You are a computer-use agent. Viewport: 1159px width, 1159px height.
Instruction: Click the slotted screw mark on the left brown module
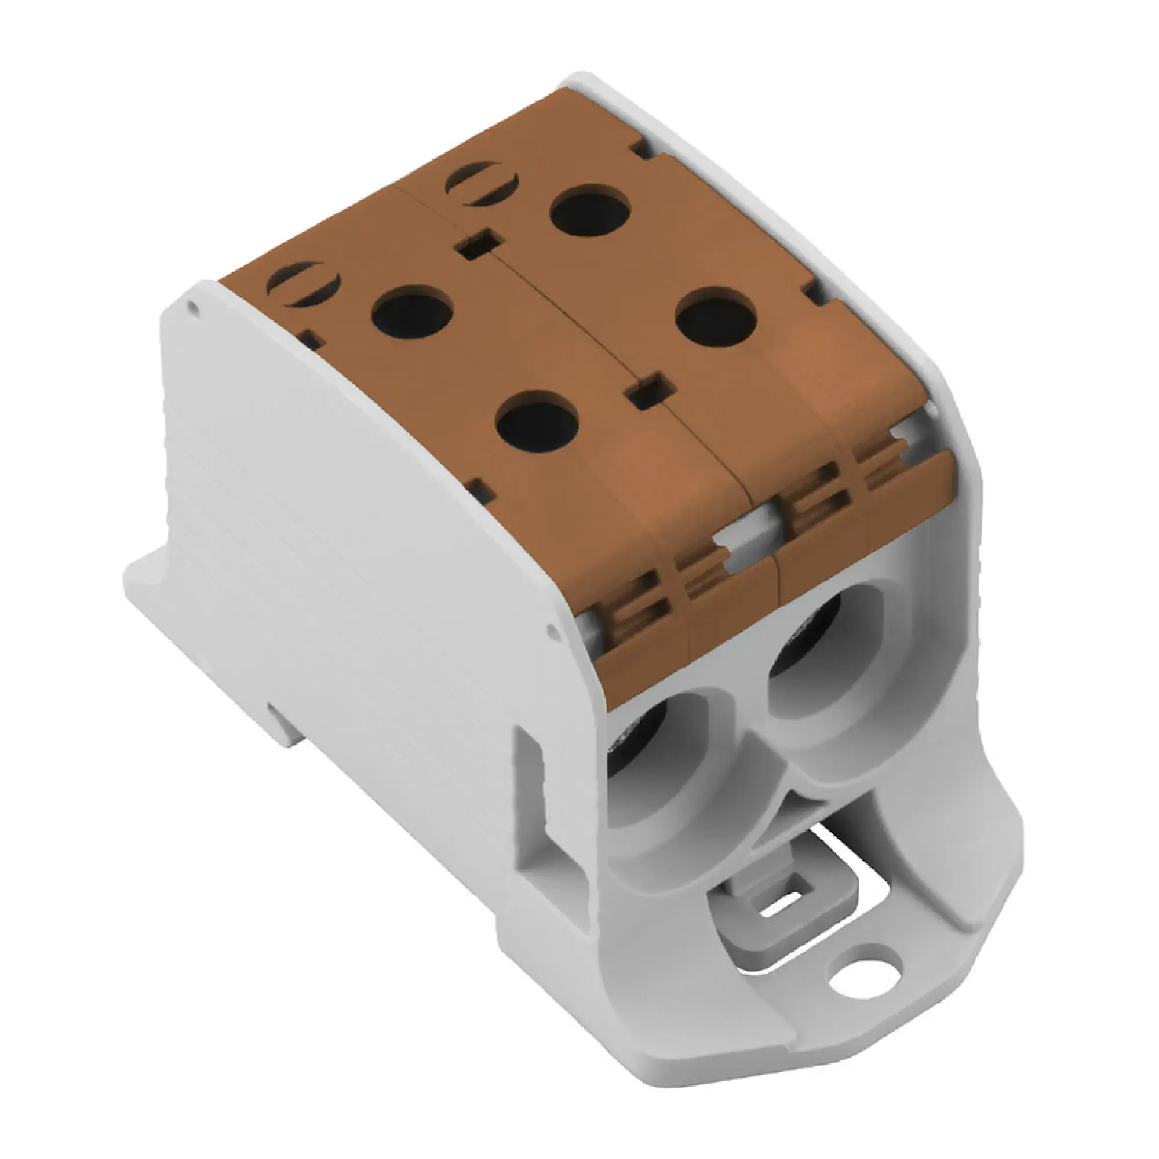point(304,285)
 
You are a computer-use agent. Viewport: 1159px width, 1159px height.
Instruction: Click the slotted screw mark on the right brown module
point(482,184)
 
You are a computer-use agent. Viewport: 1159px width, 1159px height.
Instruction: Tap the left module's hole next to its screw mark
point(411,312)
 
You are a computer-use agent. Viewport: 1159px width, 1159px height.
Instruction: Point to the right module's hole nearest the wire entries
point(716,317)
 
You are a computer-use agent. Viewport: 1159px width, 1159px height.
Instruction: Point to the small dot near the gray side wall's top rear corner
point(192,308)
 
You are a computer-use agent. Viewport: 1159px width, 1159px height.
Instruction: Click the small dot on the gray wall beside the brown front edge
point(552,629)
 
